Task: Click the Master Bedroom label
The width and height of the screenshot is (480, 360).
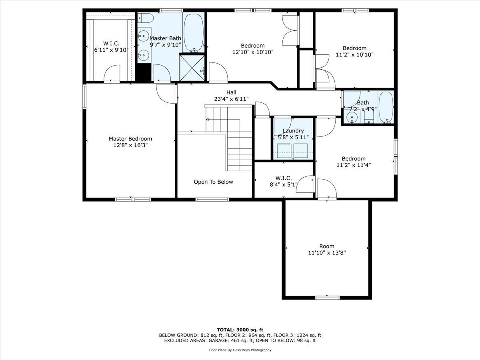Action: click(x=130, y=139)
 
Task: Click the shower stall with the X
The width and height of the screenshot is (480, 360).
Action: click(x=192, y=68)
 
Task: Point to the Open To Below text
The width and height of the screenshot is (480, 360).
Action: click(x=214, y=182)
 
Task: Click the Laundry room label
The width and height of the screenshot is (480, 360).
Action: click(x=293, y=131)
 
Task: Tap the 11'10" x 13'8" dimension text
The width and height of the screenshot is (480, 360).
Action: click(x=327, y=253)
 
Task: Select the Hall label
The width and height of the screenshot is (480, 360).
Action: click(x=231, y=92)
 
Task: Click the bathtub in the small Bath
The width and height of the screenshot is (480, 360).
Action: click(x=386, y=107)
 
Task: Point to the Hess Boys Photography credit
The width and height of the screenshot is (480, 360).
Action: click(x=240, y=350)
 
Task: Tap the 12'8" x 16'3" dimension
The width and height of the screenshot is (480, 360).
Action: click(x=130, y=145)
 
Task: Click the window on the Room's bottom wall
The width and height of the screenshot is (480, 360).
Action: click(x=327, y=298)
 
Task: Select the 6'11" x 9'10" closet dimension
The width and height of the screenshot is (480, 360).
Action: click(x=111, y=50)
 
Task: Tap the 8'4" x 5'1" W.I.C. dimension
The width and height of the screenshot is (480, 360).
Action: click(x=284, y=185)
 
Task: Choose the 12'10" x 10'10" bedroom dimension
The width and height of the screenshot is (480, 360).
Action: click(x=253, y=52)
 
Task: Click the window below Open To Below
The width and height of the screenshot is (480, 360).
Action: click(x=212, y=199)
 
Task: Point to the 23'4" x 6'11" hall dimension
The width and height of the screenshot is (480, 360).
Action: click(x=231, y=99)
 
